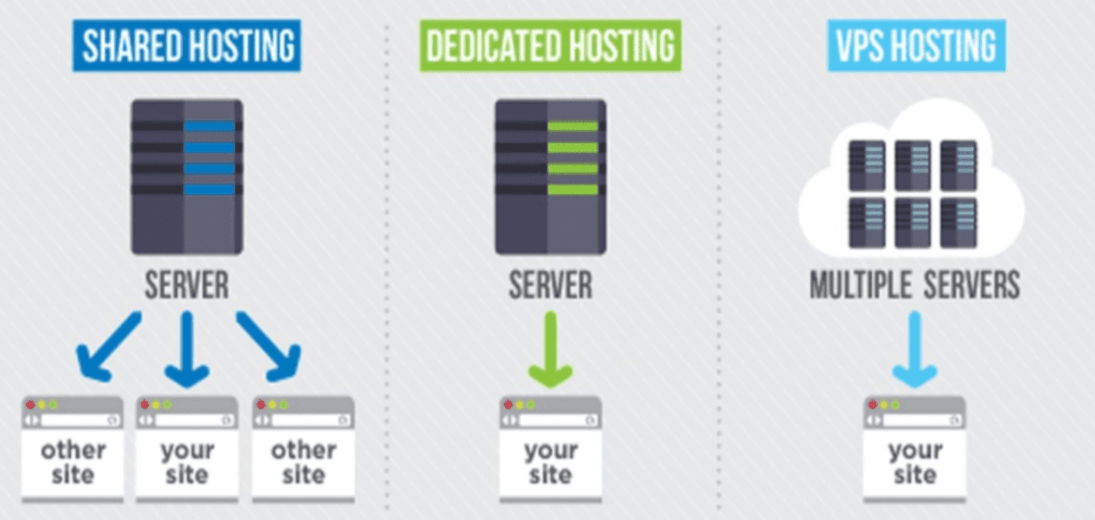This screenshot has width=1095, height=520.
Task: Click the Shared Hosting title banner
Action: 187,46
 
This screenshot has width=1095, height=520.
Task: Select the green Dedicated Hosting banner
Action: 550,46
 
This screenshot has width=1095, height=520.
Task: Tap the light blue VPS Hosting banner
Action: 916,46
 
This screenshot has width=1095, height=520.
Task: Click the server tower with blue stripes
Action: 187,177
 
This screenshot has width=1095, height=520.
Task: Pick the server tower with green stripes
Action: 550,177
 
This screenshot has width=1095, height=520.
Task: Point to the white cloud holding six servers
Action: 912,181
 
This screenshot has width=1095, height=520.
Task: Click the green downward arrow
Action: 550,350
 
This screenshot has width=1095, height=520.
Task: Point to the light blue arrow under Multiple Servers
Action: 915,350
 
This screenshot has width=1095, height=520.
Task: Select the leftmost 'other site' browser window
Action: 72,449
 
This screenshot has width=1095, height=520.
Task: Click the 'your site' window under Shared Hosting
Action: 187,449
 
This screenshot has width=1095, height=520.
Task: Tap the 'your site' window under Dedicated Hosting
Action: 550,449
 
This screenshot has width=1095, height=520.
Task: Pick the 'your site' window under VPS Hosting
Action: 915,449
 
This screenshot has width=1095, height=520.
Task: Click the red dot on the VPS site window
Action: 872,405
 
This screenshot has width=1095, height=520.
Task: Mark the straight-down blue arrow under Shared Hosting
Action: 187,350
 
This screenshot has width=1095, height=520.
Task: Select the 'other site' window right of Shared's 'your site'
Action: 303,449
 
